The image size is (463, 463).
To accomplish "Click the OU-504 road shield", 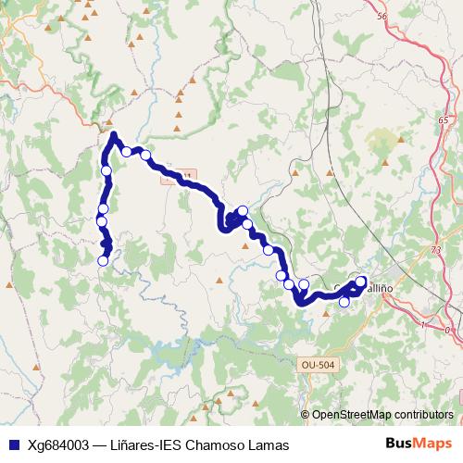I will point(318,365).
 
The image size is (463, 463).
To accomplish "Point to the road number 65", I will point(444,120).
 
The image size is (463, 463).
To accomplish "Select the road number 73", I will point(436,251).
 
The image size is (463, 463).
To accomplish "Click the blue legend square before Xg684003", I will point(13,444).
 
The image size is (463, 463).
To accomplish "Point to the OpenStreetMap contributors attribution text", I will point(382,414).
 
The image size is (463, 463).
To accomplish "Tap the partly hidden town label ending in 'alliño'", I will point(383,288).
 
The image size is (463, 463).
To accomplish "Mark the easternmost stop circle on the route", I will point(361,282).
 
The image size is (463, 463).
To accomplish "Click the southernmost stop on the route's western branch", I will point(103,260).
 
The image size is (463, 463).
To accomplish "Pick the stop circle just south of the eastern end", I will point(344,302).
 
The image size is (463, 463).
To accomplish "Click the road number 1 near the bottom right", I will point(423,324).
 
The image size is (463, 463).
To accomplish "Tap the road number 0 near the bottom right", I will point(447,330).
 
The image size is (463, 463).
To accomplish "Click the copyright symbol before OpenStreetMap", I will point(307,414).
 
